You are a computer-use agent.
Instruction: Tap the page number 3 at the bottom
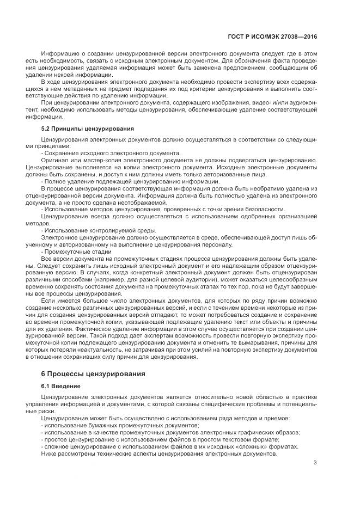(315, 463)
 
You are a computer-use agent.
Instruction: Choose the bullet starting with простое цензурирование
(162, 439)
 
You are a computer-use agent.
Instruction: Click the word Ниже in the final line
(49, 453)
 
